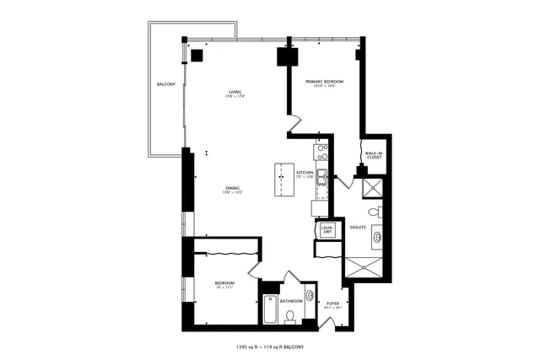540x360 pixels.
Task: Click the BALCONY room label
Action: (165, 85)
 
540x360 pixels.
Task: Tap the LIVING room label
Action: (235, 94)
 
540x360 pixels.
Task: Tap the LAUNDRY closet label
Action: (327, 229)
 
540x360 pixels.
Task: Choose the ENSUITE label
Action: (358, 227)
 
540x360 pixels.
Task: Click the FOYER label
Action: (333, 303)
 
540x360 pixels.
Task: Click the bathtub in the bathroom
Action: (270, 309)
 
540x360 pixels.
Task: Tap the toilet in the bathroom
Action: (290, 317)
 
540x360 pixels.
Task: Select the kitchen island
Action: (281, 180)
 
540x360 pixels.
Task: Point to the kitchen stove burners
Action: (321, 153)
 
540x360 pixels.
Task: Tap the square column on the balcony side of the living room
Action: (197, 55)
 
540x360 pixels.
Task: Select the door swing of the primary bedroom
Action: (296, 126)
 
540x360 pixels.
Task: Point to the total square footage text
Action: (269, 347)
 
